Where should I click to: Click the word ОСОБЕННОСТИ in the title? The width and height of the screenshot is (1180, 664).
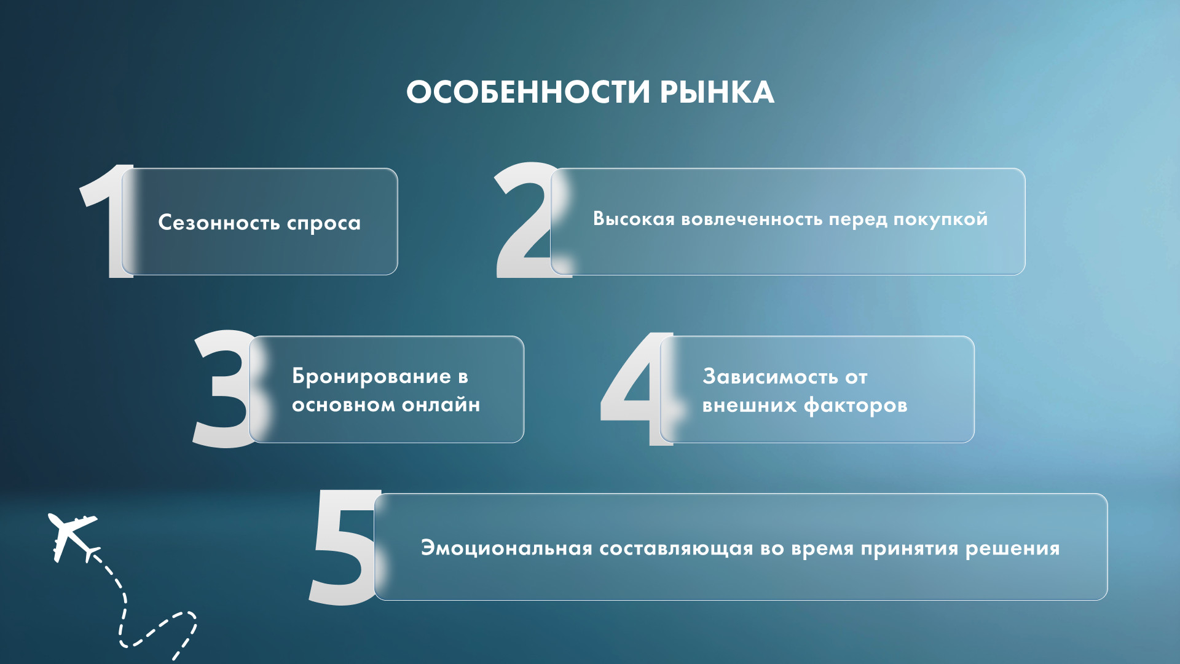528,92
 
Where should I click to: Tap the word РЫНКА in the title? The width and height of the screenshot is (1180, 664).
717,92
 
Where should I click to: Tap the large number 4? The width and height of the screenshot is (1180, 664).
637,389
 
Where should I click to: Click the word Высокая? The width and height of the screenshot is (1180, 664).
634,219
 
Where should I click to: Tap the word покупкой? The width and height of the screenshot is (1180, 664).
940,219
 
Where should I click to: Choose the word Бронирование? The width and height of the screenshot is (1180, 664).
372,376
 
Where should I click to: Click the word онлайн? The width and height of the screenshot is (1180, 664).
441,405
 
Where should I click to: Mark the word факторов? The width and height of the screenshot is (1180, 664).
855,406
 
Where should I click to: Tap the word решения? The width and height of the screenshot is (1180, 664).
1012,549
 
